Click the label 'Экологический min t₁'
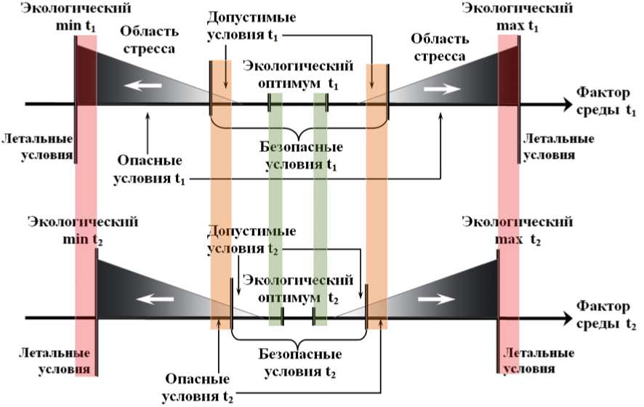click(67, 17)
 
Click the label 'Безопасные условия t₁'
click(301, 156)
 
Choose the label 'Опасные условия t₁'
click(148, 169)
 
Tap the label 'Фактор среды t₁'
click(607, 102)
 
